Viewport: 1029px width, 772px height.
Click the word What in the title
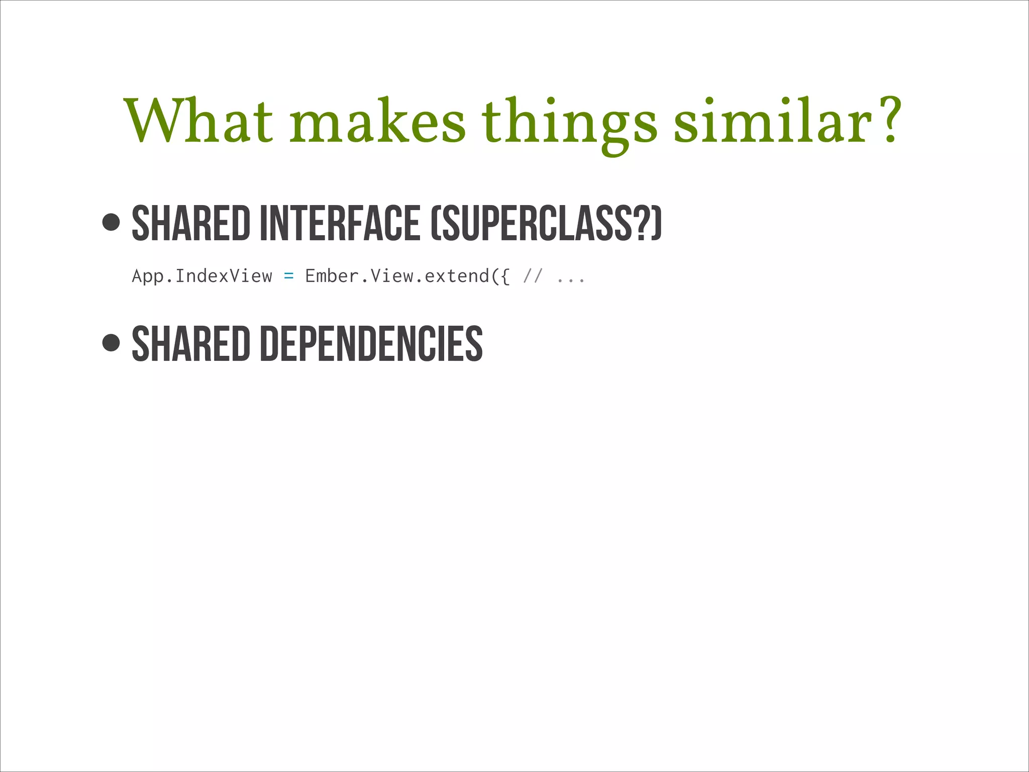click(199, 121)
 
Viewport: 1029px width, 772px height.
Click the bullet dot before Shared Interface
click(111, 222)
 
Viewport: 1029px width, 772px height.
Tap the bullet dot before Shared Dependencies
click(111, 343)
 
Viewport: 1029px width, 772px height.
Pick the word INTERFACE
click(340, 223)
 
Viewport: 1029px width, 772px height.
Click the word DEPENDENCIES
click(371, 344)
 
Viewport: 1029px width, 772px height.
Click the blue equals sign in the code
click(288, 276)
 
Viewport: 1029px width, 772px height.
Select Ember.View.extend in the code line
click(397, 276)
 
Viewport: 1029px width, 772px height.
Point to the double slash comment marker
click(533, 276)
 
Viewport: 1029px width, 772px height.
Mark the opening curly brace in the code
click(504, 276)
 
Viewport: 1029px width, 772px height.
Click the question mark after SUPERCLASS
click(643, 223)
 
